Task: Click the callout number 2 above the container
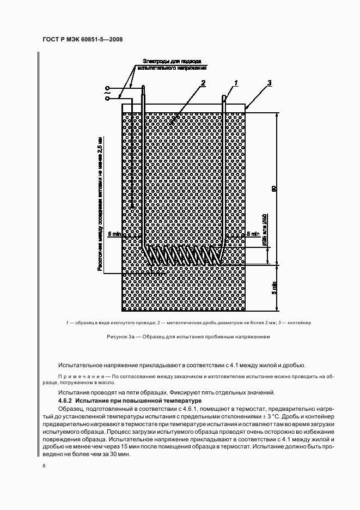click(203, 83)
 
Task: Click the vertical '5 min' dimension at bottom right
click(275, 287)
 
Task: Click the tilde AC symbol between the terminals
click(107, 93)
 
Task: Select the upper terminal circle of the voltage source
click(107, 88)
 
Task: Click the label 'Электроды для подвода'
click(172, 61)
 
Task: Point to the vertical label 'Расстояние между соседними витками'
click(100, 202)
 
